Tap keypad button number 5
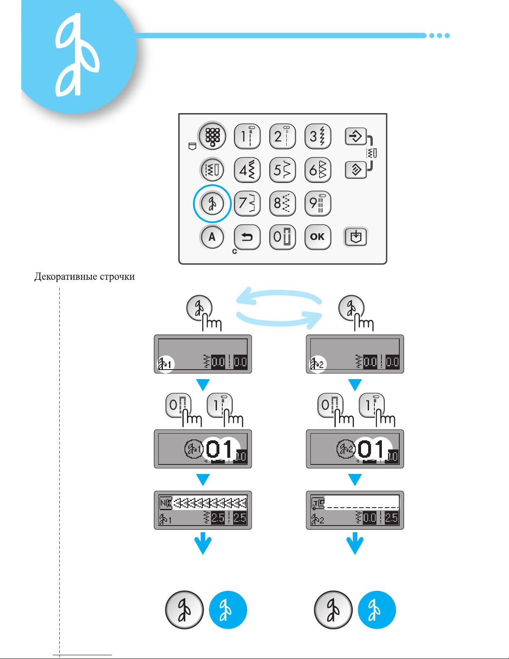point(283,170)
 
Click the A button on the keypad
point(212,237)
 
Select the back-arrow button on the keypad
point(247,237)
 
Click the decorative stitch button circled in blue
point(212,203)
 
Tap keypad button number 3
point(318,136)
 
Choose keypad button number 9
point(318,203)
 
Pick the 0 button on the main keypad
point(283,237)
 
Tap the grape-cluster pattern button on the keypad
point(212,136)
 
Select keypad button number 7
point(247,203)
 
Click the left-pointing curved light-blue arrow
point(279,295)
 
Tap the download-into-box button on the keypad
point(356,237)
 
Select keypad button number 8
point(283,203)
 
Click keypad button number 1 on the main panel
point(247,136)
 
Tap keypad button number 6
point(318,170)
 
